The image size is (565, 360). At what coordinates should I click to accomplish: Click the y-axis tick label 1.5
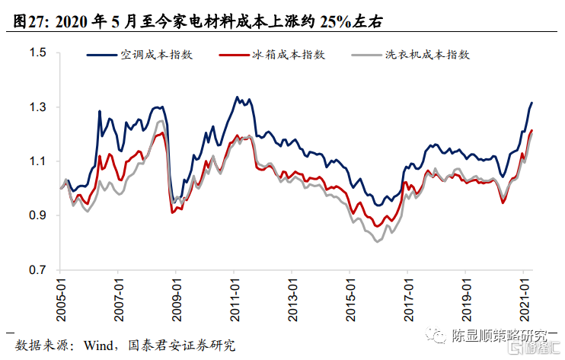pyautogui.click(x=38, y=53)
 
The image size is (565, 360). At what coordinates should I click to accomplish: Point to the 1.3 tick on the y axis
pyautogui.click(x=38, y=107)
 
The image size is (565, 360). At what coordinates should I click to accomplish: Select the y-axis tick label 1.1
pyautogui.click(x=38, y=161)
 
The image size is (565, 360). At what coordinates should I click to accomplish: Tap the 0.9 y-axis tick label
pyautogui.click(x=38, y=216)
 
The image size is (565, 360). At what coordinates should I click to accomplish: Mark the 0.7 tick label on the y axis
pyautogui.click(x=38, y=270)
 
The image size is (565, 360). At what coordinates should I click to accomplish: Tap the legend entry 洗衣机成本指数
pyautogui.click(x=426, y=55)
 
